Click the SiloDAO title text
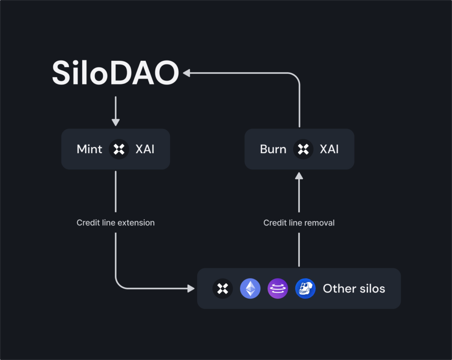pyautogui.click(x=115, y=73)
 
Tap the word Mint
pyautogui.click(x=90, y=149)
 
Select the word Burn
pyautogui.click(x=273, y=149)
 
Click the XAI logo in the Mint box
pyautogui.click(x=119, y=149)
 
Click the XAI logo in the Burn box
pyautogui.click(x=303, y=149)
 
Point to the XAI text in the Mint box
pyautogui.click(x=145, y=149)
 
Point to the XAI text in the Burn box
pyautogui.click(x=329, y=149)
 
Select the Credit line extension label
pyautogui.click(x=116, y=223)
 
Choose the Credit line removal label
pyautogui.click(x=299, y=223)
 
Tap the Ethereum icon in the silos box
pyautogui.click(x=250, y=289)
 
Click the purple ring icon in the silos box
pyautogui.click(x=278, y=289)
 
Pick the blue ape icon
pyautogui.click(x=305, y=289)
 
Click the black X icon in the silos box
pyautogui.click(x=223, y=289)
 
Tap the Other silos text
pyautogui.click(x=354, y=289)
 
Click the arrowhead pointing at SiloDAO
pyautogui.click(x=187, y=73)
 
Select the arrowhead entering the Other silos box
pyautogui.click(x=191, y=289)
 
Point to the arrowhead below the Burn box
pyautogui.click(x=299, y=176)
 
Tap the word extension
pyautogui.click(x=138, y=223)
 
